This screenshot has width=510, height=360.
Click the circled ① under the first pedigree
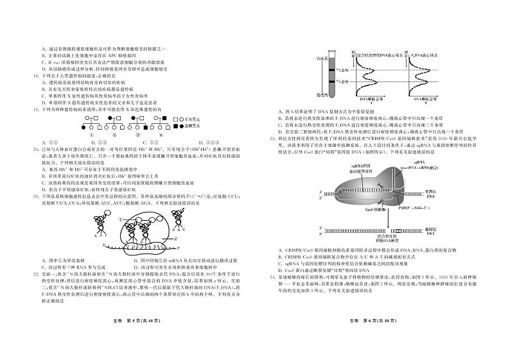pos(93,133)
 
